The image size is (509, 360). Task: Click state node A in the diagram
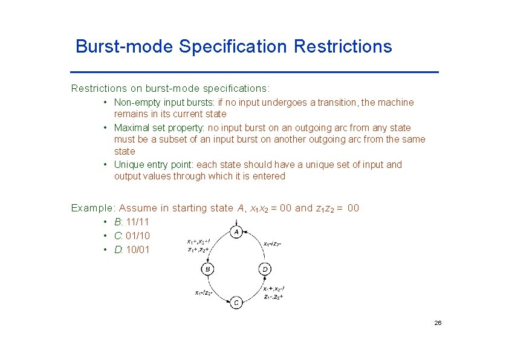(x=236, y=232)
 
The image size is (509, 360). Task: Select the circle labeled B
(x=207, y=269)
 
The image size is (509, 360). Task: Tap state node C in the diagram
(x=236, y=302)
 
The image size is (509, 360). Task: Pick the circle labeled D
(x=265, y=269)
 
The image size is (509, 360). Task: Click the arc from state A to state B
(x=215, y=245)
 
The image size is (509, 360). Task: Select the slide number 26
(x=438, y=323)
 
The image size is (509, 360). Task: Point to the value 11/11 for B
(x=137, y=222)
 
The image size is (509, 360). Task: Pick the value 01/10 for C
(x=138, y=236)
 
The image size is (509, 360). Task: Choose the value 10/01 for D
(x=138, y=249)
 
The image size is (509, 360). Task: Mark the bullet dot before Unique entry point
(x=105, y=164)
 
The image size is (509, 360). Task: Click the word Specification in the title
(x=233, y=47)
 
